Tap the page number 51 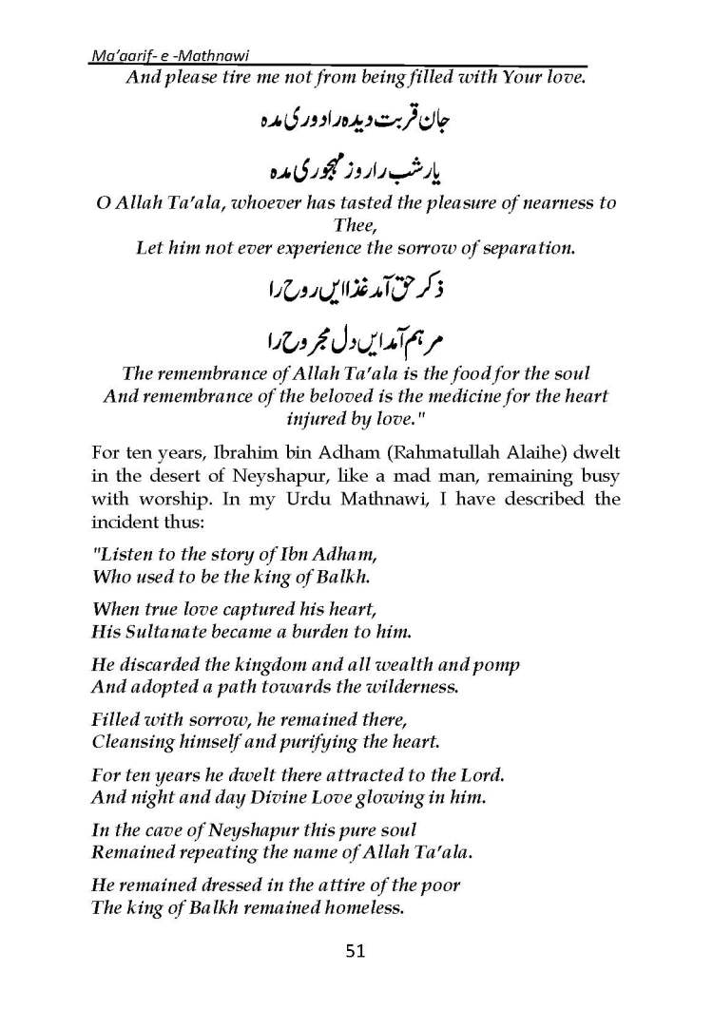click(357, 950)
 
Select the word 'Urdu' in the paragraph click(379, 498)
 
